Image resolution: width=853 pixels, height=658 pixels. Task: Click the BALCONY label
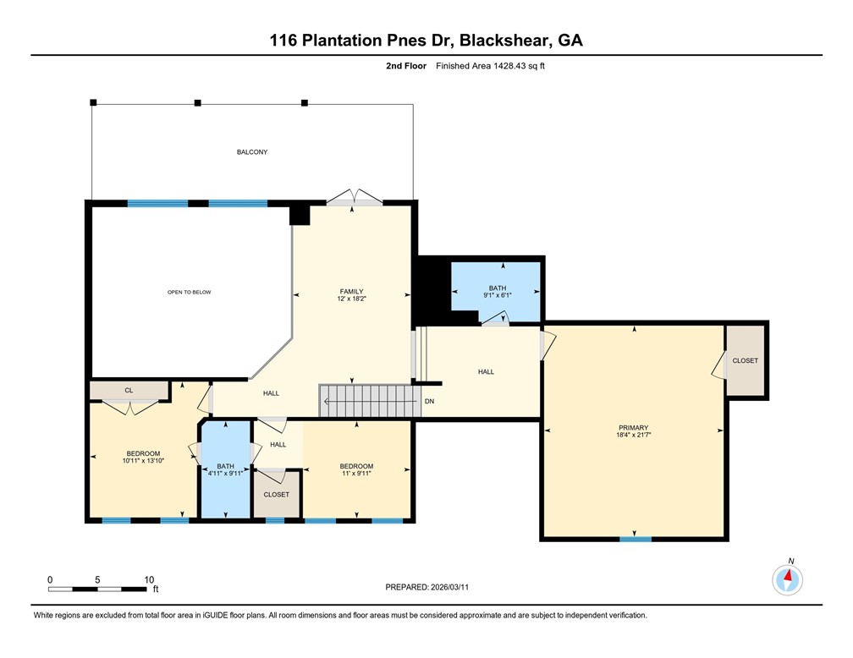(x=252, y=152)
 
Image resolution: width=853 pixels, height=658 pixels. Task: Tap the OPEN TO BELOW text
(x=189, y=292)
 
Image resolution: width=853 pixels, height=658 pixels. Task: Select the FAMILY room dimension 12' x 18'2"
(x=351, y=299)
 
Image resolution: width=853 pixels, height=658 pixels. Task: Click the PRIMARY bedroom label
(x=633, y=428)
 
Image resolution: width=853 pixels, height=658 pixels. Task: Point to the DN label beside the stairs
(x=429, y=401)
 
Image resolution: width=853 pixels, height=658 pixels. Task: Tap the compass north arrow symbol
(x=788, y=579)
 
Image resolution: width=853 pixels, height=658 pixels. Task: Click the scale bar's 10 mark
(x=149, y=580)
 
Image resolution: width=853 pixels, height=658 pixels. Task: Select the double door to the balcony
(x=355, y=200)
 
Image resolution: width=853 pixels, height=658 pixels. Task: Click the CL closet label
(x=129, y=391)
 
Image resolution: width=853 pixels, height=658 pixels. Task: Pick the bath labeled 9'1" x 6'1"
(x=497, y=292)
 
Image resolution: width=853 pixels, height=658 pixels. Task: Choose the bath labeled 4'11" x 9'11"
(x=225, y=469)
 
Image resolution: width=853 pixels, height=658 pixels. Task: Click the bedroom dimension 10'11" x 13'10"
(x=141, y=461)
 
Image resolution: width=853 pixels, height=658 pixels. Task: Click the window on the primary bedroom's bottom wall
(x=636, y=539)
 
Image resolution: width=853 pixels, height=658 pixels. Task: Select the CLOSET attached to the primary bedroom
(x=745, y=361)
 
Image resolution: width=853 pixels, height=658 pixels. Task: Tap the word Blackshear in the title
(x=501, y=39)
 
